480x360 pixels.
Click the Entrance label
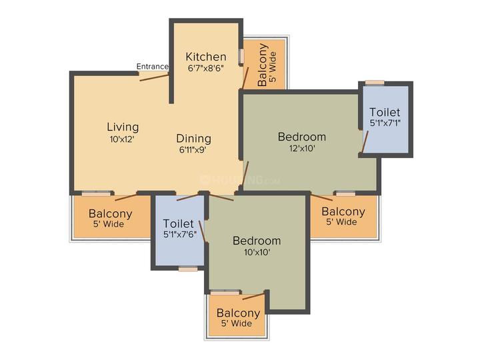click(152, 67)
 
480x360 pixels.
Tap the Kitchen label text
click(206, 57)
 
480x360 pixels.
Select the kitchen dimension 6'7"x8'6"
click(206, 68)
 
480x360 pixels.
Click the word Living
click(123, 127)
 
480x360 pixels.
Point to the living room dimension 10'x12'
click(122, 139)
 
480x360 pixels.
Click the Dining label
click(194, 139)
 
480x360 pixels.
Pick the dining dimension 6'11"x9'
click(193, 150)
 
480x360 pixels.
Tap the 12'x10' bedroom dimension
click(302, 149)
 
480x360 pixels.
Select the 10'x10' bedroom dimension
click(257, 253)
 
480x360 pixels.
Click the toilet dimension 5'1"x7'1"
click(385, 123)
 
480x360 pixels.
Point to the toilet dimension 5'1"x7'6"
click(180, 235)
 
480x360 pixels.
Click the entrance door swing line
click(154, 77)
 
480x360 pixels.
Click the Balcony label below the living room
click(111, 213)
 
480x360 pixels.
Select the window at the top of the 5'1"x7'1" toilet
click(375, 82)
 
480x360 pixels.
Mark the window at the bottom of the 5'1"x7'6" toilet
click(188, 269)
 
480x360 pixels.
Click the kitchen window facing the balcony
click(241, 56)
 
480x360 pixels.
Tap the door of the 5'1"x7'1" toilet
click(365, 142)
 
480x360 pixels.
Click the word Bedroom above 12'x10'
click(302, 137)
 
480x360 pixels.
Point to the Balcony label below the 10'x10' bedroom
click(239, 313)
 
